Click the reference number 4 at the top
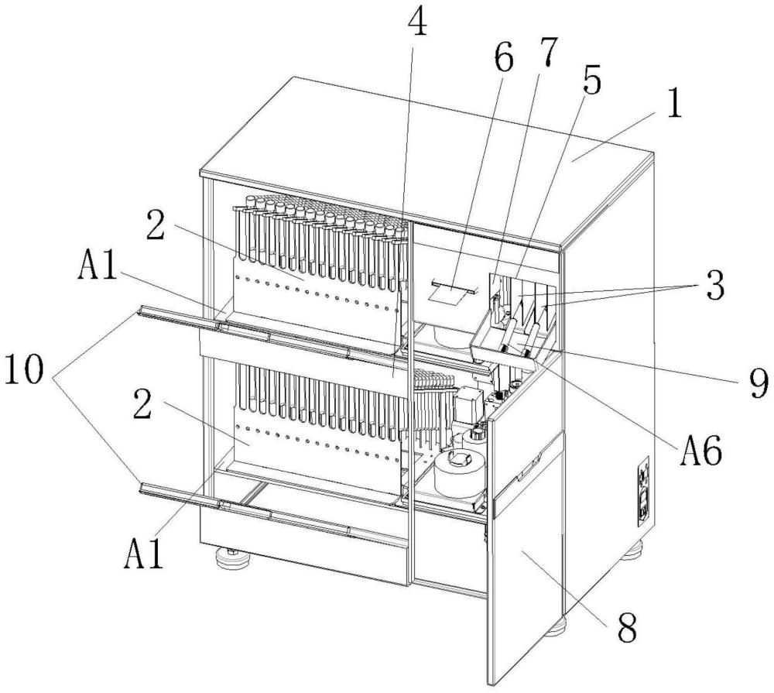[x=416, y=21]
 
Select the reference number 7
[x=546, y=50]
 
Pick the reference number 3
[x=715, y=285]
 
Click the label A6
[x=701, y=451]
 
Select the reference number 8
[x=627, y=626]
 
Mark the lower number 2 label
[x=142, y=403]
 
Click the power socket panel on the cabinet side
[x=643, y=492]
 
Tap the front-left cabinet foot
[x=233, y=557]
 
